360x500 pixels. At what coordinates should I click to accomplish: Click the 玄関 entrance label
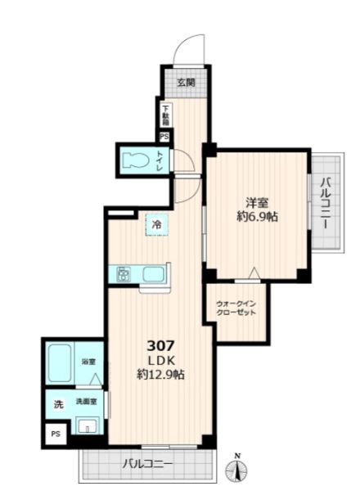click(x=187, y=83)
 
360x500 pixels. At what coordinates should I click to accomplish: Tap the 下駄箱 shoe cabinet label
click(x=165, y=115)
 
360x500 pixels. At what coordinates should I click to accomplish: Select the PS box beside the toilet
click(x=164, y=137)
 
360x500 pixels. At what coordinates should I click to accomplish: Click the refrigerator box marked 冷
click(x=156, y=225)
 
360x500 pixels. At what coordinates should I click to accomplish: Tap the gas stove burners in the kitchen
click(x=123, y=274)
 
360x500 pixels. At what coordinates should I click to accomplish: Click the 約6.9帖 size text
click(x=257, y=217)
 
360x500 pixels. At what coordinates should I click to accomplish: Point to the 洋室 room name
click(x=257, y=203)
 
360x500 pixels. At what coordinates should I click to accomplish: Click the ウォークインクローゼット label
click(x=236, y=308)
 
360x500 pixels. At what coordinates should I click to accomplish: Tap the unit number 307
click(x=160, y=345)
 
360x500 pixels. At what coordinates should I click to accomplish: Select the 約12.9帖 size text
click(x=160, y=374)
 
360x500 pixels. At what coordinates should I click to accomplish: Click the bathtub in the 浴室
click(x=60, y=363)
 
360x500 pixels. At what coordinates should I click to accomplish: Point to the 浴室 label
click(x=88, y=362)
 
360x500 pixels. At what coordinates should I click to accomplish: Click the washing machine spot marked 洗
click(x=58, y=404)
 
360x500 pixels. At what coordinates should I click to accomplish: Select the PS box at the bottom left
click(x=56, y=434)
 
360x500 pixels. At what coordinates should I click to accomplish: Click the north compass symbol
click(x=236, y=469)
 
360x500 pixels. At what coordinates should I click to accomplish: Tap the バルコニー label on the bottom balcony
click(x=148, y=464)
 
